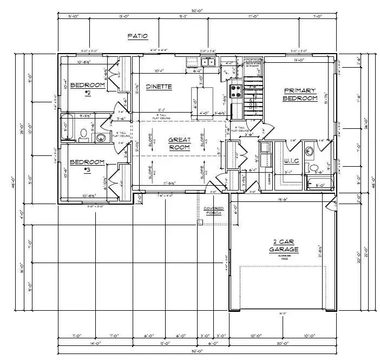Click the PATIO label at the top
137,36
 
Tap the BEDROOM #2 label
87,89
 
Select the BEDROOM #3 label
87,165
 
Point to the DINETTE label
159,86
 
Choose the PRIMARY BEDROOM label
299,94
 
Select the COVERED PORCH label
213,211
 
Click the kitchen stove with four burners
237,90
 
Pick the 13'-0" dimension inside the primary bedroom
298,60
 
